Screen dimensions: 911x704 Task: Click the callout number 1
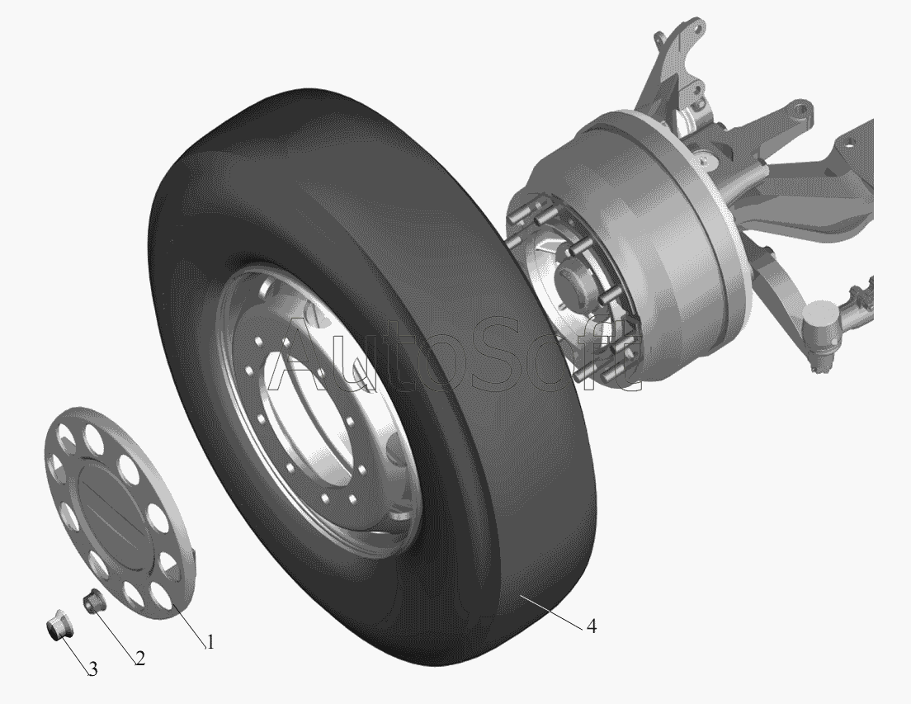[210, 642]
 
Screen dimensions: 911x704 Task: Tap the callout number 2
[139, 658]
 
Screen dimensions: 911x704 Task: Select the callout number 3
[93, 669]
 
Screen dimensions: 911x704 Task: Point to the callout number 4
[591, 626]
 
